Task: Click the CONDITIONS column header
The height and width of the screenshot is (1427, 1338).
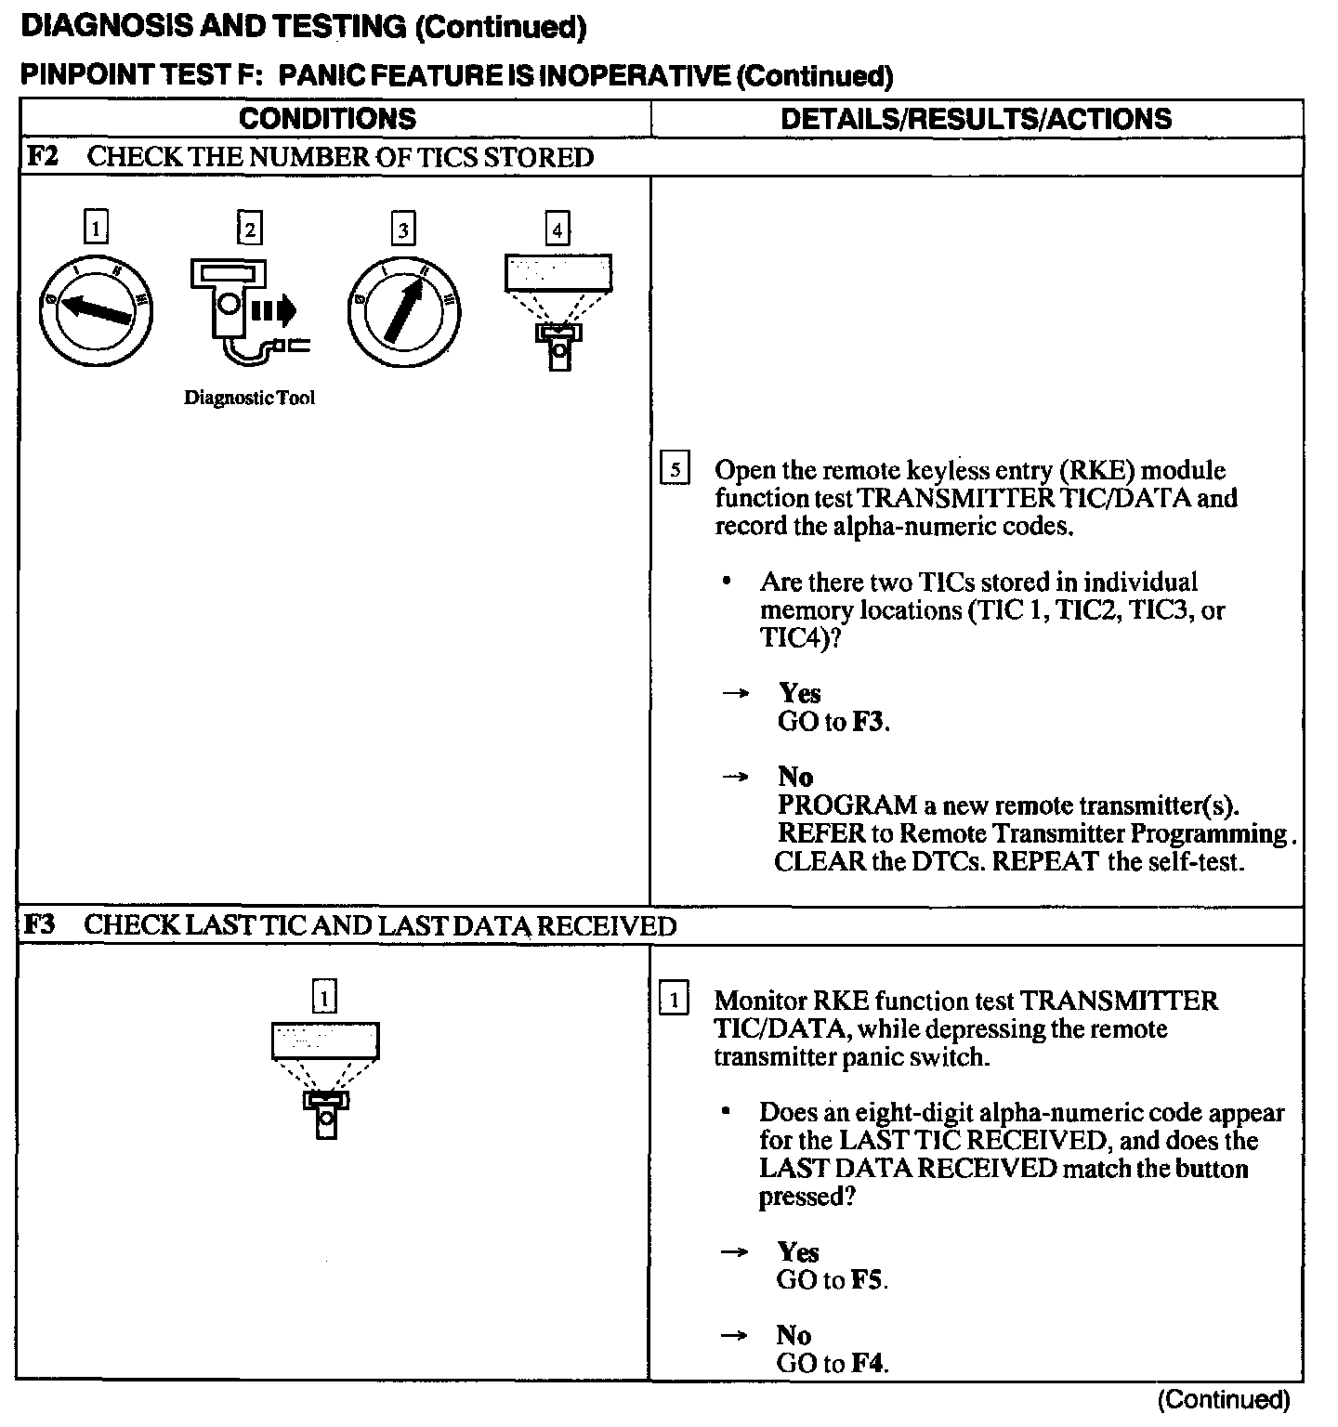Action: tap(327, 119)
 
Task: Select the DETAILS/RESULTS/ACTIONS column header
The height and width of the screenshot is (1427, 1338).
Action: tap(976, 119)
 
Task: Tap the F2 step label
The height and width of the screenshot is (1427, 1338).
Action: tap(42, 157)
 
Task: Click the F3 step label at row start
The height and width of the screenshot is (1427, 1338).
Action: tap(40, 925)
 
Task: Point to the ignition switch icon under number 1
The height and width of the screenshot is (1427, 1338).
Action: tap(95, 309)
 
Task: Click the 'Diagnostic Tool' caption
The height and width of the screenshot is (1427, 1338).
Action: tap(249, 399)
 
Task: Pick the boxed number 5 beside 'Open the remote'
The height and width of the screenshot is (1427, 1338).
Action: tap(675, 469)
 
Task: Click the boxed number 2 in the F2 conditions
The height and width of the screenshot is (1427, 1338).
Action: tap(249, 228)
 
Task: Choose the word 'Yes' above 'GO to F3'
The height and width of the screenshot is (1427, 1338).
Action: tap(799, 693)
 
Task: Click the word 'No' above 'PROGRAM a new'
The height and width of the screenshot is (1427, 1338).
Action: tap(794, 777)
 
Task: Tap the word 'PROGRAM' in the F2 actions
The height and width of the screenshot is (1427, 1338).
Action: tap(846, 805)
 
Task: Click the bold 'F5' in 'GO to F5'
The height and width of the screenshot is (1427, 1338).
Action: tap(868, 1280)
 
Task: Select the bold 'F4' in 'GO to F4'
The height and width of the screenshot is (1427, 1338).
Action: tap(868, 1364)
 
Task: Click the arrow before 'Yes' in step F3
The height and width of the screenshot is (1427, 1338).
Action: tap(735, 1252)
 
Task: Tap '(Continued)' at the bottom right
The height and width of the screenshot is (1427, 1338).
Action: tap(1224, 1399)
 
